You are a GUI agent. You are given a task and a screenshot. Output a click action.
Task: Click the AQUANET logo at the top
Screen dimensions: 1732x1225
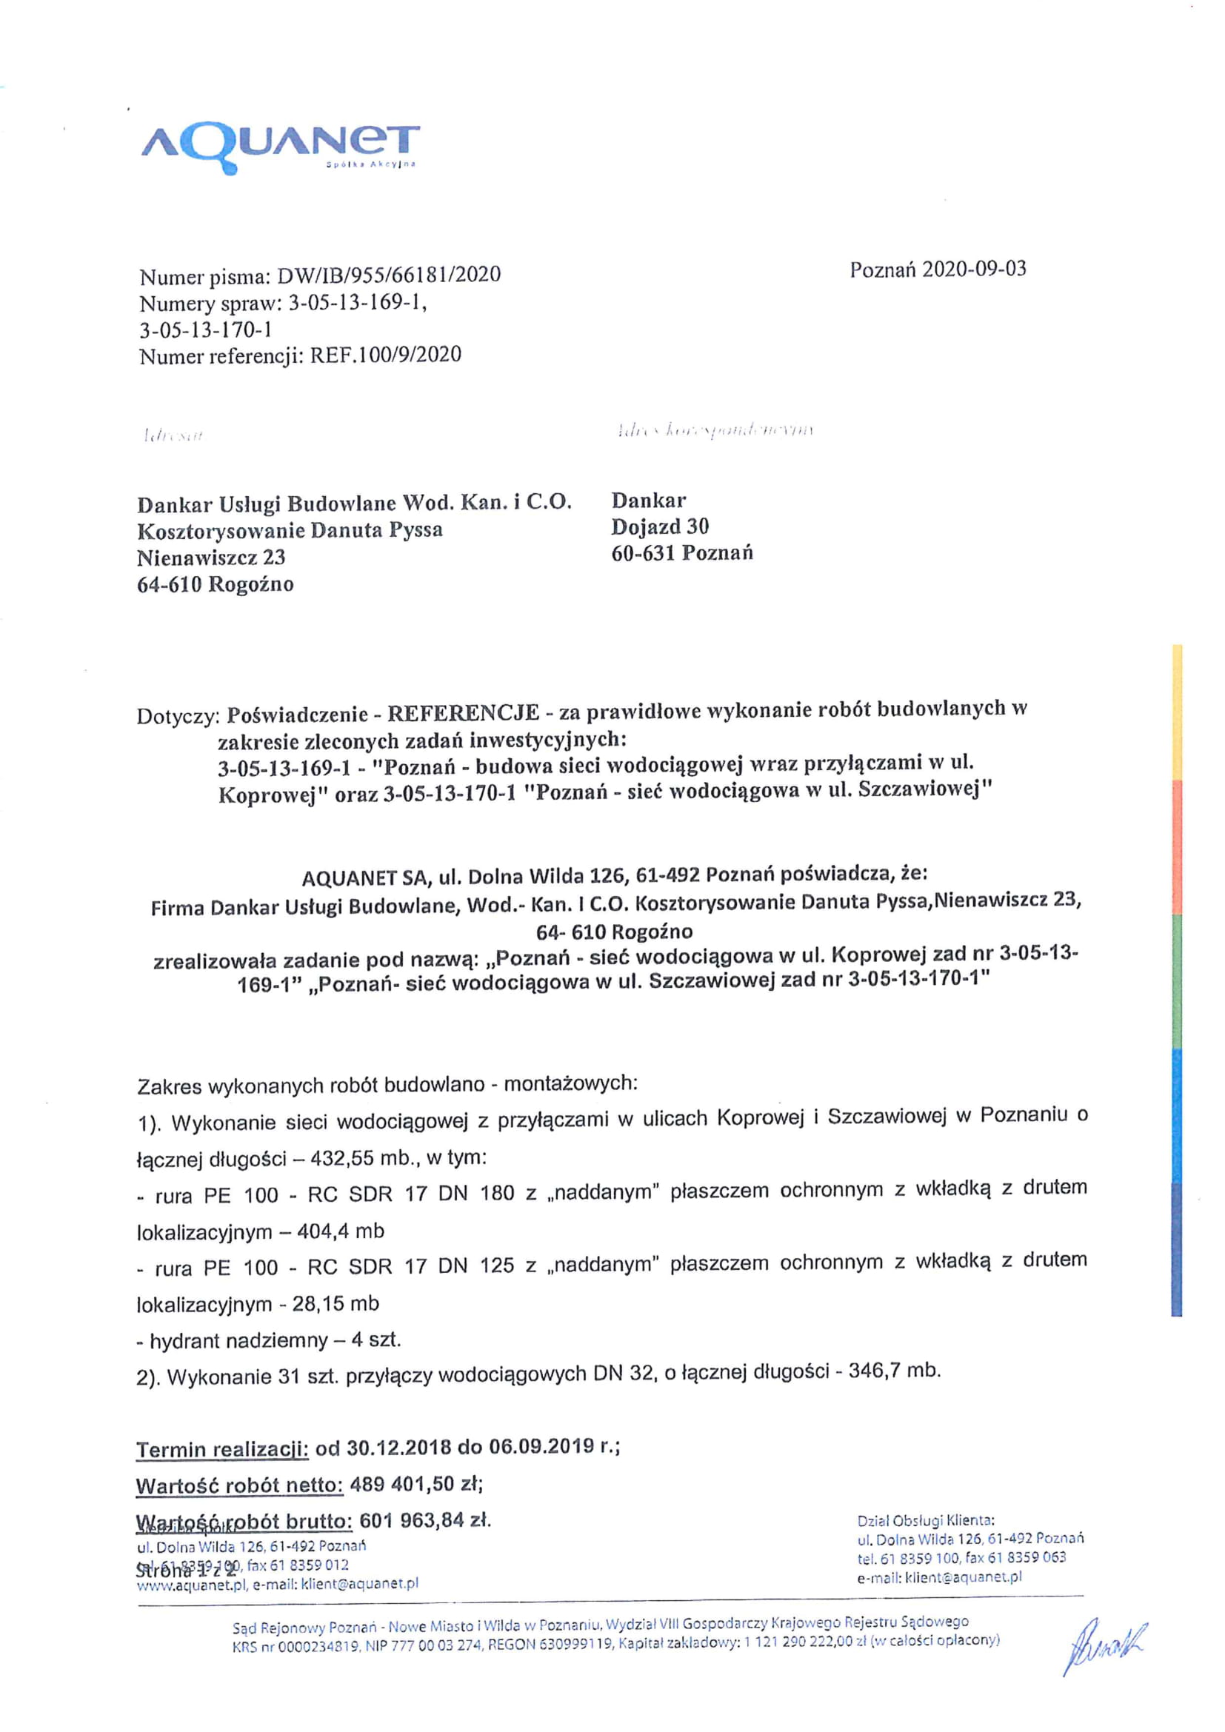pyautogui.click(x=280, y=148)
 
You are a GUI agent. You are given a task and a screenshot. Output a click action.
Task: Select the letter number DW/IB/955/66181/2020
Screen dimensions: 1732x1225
pyautogui.click(x=389, y=275)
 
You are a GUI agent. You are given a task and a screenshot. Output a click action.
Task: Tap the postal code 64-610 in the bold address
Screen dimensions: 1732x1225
pyautogui.click(x=170, y=585)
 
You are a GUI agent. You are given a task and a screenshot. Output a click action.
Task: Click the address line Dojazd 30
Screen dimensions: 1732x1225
pyautogui.click(x=660, y=526)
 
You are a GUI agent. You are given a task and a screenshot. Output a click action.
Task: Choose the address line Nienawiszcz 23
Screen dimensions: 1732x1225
pyautogui.click(x=211, y=558)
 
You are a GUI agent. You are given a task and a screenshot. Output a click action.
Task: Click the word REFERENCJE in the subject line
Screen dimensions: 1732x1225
pyautogui.click(x=463, y=713)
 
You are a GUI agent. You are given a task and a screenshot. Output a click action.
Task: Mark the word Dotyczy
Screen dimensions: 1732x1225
pyautogui.click(x=178, y=716)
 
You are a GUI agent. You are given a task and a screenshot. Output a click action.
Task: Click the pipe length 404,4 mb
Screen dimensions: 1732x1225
pyautogui.click(x=340, y=1231)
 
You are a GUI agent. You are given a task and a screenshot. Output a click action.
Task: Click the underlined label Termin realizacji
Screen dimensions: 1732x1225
pyautogui.click(x=222, y=1449)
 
